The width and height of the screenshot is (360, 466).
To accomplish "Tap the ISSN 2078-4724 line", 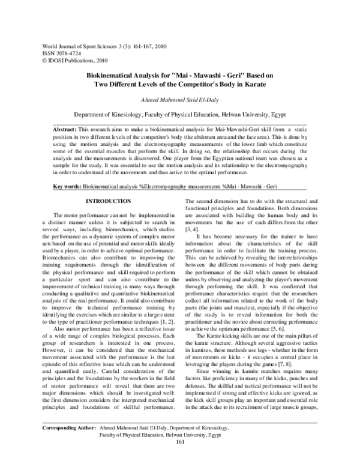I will (x=59, y=53).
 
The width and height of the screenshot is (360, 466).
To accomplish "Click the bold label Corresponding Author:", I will (x=65, y=444).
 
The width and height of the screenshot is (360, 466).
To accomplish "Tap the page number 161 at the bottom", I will (x=181, y=459).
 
